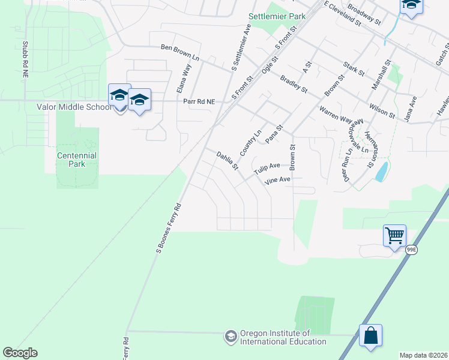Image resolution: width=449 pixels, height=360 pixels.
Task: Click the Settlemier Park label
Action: pyautogui.click(x=278, y=16)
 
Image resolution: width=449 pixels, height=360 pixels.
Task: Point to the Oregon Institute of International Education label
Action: pyautogui.click(x=283, y=337)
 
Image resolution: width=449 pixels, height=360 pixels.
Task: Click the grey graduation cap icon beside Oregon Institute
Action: pyautogui.click(x=231, y=337)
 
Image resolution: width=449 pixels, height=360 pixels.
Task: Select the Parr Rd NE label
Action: pyautogui.click(x=198, y=101)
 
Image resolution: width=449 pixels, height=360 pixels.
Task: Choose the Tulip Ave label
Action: pyautogui.click(x=267, y=169)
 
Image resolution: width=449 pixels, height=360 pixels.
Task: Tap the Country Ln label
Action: pyautogui.click(x=251, y=142)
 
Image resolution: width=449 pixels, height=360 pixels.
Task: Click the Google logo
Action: pyautogui.click(x=20, y=353)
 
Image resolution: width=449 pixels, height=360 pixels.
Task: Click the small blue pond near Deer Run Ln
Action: pyautogui.click(x=381, y=172)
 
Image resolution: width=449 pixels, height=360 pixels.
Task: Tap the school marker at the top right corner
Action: pyautogui.click(x=411, y=5)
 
